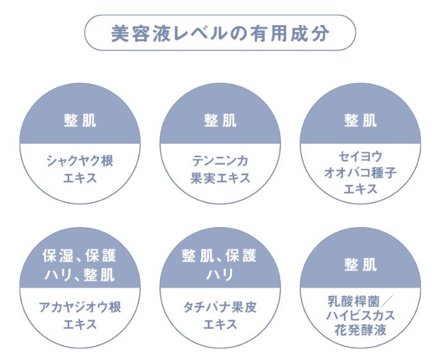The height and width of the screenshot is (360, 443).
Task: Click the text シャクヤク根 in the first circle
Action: pos(80,161)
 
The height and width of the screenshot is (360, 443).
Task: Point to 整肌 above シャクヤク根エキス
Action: pos(80,121)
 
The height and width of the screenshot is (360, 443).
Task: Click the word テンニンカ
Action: pos(220,161)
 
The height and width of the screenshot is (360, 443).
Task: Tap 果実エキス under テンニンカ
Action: pos(220,178)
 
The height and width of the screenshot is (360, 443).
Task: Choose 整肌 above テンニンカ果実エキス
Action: pos(220,121)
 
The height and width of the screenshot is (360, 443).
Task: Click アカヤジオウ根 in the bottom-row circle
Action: pos(80,307)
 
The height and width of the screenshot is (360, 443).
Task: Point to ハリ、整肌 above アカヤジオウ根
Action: pos(80,275)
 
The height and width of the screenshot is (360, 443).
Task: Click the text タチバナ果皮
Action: pos(220,307)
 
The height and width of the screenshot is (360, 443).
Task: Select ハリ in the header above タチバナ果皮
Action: pos(220,275)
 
